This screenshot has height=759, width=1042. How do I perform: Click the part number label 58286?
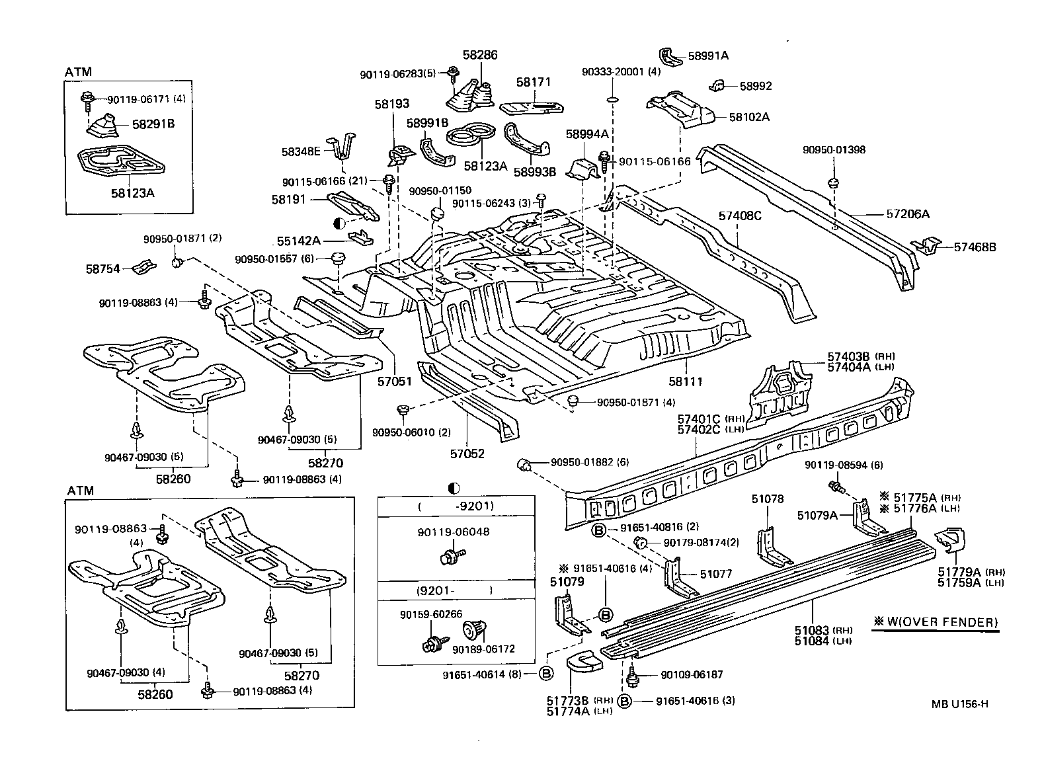tap(479, 55)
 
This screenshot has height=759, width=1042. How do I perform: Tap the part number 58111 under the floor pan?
tap(685, 381)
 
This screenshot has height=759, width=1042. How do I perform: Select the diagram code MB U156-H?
tap(959, 703)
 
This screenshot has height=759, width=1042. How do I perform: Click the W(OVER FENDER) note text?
tap(936, 621)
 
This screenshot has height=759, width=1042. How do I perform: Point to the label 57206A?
tap(908, 214)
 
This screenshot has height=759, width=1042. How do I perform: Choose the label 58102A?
tap(749, 117)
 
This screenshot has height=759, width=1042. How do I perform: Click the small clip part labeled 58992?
tap(718, 85)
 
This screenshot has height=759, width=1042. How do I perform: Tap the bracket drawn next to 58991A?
tap(670, 57)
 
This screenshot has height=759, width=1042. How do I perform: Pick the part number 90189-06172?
tap(483, 649)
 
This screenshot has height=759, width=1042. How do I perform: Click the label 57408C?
tap(740, 216)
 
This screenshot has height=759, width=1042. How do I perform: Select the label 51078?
tap(768, 499)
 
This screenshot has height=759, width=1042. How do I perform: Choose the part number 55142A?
tap(299, 241)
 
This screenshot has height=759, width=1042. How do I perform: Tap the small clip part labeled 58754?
tap(143, 266)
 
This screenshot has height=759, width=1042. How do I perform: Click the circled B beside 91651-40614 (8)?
tap(547, 674)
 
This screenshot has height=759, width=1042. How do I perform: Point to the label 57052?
tap(467, 454)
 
